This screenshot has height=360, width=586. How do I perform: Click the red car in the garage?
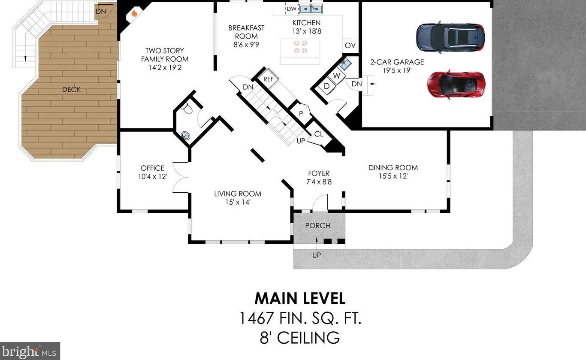[456, 84]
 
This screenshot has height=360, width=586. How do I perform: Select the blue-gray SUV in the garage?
[450, 37]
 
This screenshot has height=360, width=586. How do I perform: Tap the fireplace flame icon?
[134, 13]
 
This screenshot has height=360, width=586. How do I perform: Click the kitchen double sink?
[311, 9]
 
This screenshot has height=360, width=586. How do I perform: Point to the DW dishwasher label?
[291, 9]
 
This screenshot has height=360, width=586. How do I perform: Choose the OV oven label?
[350, 45]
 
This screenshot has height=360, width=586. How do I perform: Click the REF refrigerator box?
[269, 79]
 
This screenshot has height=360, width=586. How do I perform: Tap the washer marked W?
[336, 76]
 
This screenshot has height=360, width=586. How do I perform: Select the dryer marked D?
[326, 86]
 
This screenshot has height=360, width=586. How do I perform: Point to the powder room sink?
[185, 136]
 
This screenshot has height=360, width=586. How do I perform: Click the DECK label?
[71, 90]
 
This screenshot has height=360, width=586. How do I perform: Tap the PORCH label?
[317, 226]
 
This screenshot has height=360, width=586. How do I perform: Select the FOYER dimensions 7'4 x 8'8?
[319, 182]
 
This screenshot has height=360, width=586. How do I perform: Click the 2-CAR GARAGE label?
[397, 62]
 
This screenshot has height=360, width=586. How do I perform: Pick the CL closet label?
[318, 134]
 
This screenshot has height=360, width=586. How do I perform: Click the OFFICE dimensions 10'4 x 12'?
[153, 177]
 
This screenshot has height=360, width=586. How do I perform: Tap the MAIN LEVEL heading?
[300, 299]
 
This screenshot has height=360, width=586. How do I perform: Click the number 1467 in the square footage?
[257, 318]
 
